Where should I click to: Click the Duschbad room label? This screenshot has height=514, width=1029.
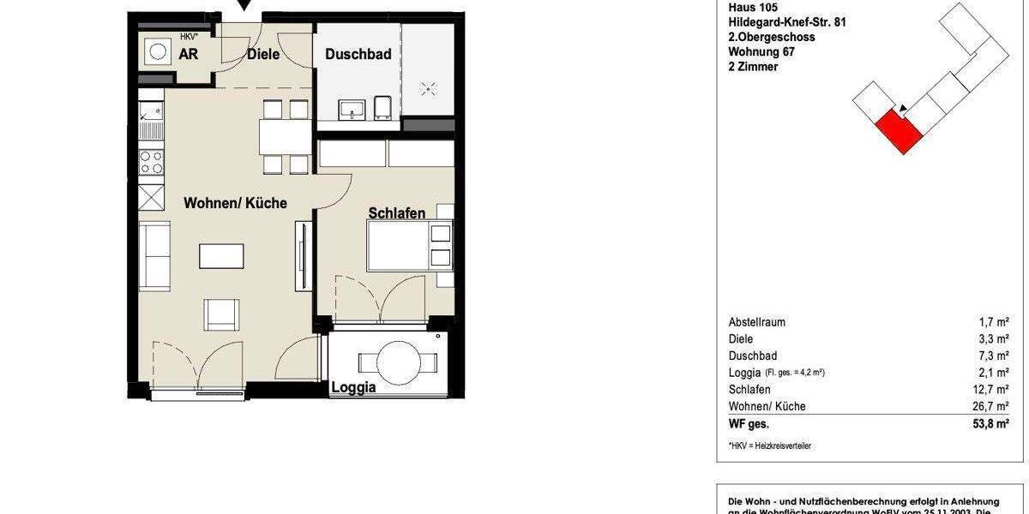click(x=358, y=55)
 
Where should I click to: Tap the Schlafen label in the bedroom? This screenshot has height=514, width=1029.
click(x=396, y=213)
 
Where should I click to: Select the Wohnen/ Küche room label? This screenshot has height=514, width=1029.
click(x=235, y=203)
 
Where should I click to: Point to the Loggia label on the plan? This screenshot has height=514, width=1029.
click(x=353, y=387)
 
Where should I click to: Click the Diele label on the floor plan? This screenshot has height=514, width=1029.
click(x=263, y=55)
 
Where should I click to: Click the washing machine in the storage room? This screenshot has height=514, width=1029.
click(x=158, y=52)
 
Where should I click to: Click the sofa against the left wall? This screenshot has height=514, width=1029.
click(x=155, y=256)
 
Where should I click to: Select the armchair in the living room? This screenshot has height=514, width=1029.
click(x=221, y=314)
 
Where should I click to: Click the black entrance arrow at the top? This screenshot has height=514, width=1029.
click(x=245, y=6)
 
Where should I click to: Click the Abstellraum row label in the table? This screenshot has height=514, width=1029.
click(x=756, y=322)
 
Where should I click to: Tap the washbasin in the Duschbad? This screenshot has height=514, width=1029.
click(x=352, y=109)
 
